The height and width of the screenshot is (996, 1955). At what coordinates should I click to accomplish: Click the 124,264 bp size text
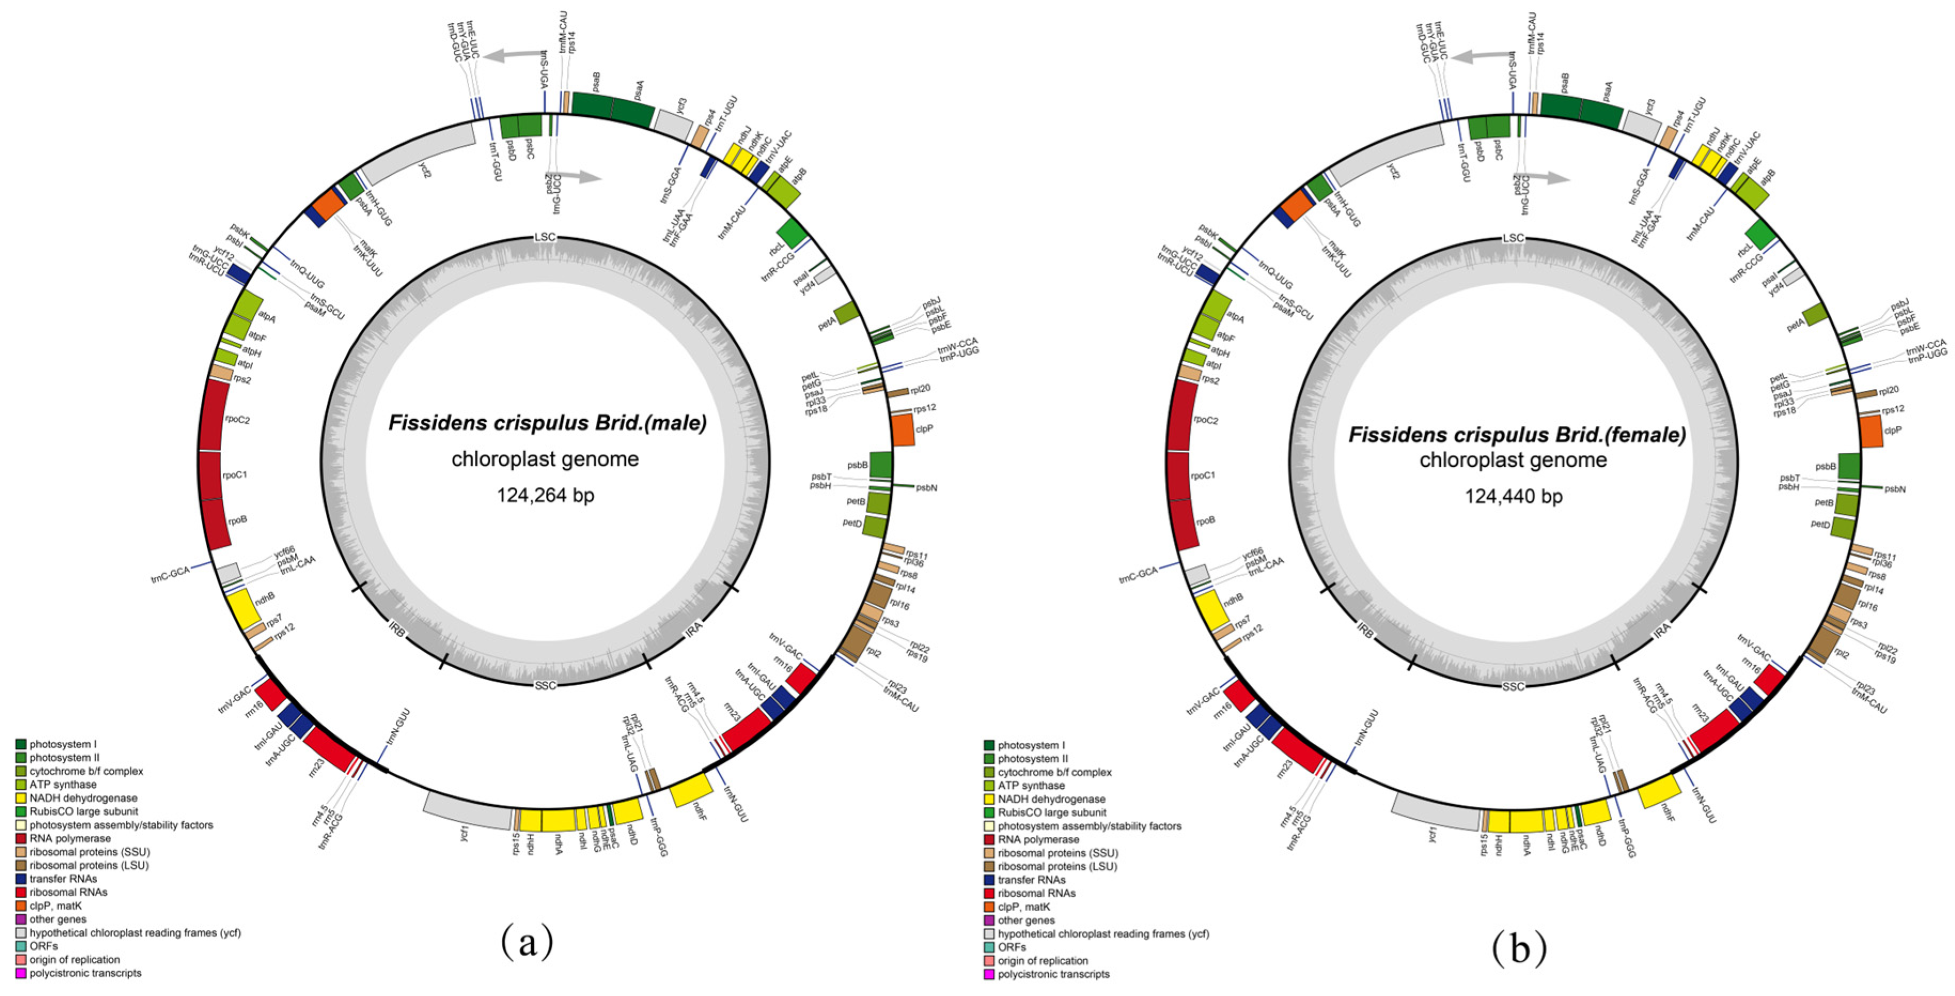tap(545, 496)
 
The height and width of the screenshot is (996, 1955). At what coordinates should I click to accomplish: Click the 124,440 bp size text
tap(1513, 497)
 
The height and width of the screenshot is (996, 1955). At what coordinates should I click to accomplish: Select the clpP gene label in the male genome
tap(924, 429)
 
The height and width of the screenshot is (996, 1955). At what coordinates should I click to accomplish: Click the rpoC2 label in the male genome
tap(238, 420)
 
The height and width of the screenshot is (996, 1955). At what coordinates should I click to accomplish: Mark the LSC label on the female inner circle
tap(1513, 238)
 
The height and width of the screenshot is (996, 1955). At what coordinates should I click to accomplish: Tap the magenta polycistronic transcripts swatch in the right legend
tap(989, 974)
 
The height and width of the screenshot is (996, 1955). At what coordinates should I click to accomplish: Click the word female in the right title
tap(1645, 435)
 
